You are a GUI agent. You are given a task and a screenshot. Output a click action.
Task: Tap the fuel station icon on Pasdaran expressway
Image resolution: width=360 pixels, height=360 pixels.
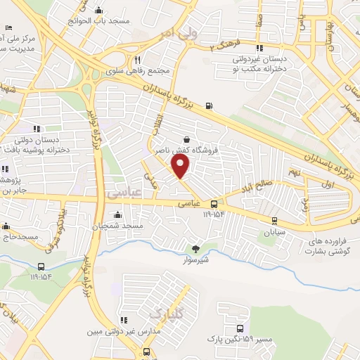point(209,107)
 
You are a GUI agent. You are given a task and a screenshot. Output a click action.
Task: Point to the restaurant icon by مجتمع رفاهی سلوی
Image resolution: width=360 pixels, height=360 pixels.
point(138,60)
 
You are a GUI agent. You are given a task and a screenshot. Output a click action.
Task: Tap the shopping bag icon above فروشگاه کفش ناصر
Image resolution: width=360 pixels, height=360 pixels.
point(186,139)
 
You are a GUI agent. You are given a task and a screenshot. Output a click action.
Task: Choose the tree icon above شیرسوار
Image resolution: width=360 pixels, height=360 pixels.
point(196,248)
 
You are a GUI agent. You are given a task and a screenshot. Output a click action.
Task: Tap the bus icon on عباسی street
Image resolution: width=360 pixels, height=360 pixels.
point(213,205)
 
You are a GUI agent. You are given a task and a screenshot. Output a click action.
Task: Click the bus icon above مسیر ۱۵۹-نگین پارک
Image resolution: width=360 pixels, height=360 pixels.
point(240,328)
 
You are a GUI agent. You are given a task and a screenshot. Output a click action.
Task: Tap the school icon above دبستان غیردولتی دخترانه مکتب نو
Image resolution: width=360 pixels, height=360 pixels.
point(260,49)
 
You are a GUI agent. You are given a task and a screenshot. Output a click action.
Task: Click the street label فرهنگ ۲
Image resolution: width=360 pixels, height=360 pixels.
point(224,46)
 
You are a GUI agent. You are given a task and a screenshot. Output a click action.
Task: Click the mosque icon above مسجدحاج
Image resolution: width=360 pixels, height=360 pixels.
point(6,226)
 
